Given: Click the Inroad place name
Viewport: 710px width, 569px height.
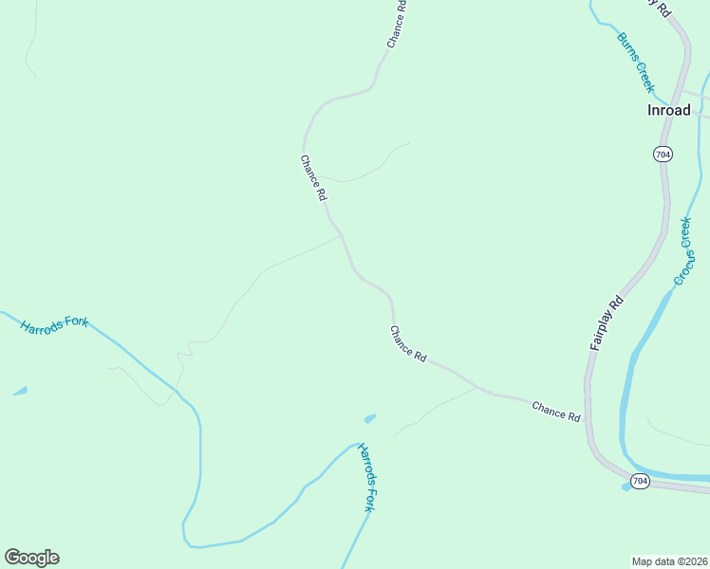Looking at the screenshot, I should [x=668, y=110].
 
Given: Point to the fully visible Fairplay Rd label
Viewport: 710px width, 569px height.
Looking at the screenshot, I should [x=606, y=323].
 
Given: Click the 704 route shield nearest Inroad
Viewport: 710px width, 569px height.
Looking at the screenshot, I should [x=663, y=154].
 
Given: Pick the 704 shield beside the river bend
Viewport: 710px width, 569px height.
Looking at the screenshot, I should [x=640, y=482].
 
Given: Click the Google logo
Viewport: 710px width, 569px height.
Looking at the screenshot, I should [x=31, y=558].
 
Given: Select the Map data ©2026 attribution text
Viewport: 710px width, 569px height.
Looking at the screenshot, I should [x=669, y=560].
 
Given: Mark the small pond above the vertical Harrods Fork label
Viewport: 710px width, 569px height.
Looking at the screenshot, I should [x=369, y=418].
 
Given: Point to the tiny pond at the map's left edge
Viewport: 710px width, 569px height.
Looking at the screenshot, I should [x=20, y=391].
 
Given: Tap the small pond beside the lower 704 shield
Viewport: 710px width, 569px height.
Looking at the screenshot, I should [x=626, y=486].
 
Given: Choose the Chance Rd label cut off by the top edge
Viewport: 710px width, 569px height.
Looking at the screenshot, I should [x=397, y=24].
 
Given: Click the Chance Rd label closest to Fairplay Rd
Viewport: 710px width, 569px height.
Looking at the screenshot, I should [x=555, y=410].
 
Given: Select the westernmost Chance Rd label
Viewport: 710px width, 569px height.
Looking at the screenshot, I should [x=313, y=177].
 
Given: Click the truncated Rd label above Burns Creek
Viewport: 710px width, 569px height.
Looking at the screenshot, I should [x=662, y=9].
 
